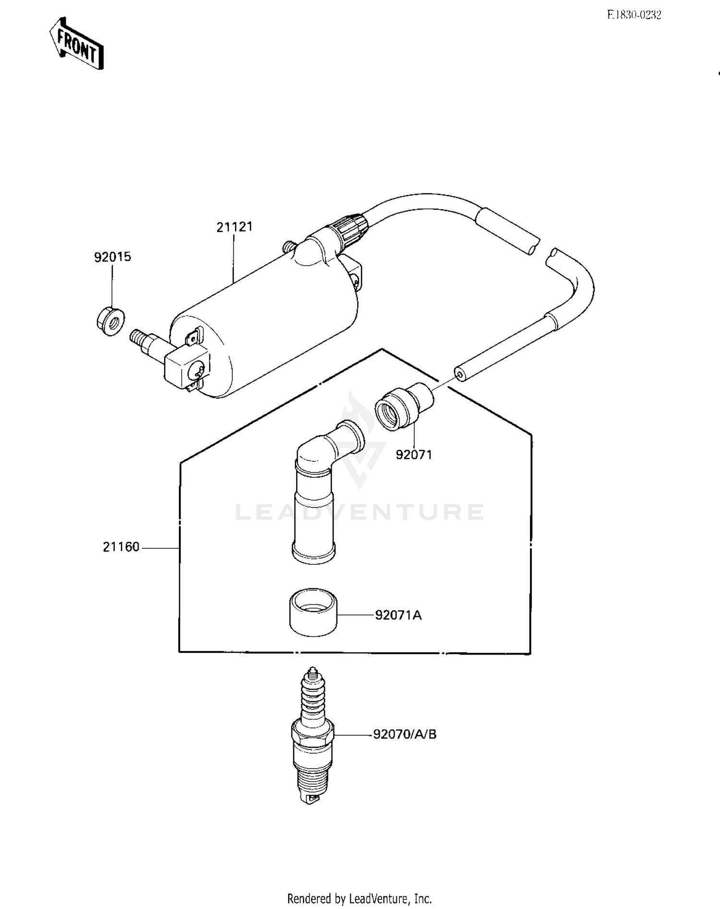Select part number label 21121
(234, 227)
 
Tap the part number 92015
(112, 257)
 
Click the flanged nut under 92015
(110, 321)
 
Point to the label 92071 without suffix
(414, 454)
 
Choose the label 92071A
(398, 615)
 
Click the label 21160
(121, 547)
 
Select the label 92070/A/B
(405, 734)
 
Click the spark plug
(312, 735)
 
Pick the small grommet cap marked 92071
(402, 406)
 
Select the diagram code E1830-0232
(634, 15)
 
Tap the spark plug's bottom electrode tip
(312, 800)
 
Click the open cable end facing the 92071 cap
(460, 375)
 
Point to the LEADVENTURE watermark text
(360, 512)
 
